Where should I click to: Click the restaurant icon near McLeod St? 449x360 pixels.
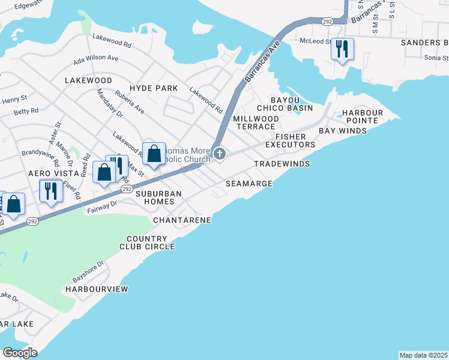pyautogui.click(x=342, y=49)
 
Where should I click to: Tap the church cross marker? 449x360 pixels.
pyautogui.click(x=220, y=155)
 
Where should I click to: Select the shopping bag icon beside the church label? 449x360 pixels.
pyautogui.click(x=154, y=154)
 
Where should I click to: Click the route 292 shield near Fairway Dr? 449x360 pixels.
pyautogui.click(x=126, y=188)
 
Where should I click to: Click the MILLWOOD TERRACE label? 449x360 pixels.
pyautogui.click(x=256, y=123)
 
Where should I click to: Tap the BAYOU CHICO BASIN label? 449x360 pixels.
pyautogui.click(x=285, y=104)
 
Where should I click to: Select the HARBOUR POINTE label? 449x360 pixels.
pyautogui.click(x=363, y=117)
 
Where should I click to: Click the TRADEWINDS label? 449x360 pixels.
pyautogui.click(x=282, y=164)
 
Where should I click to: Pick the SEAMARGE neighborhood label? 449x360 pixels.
pyautogui.click(x=249, y=183)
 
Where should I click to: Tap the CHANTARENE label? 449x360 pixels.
pyautogui.click(x=182, y=220)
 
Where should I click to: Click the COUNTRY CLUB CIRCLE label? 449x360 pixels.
pyautogui.click(x=147, y=242)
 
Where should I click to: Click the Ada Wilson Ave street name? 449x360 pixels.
pyautogui.click(x=96, y=58)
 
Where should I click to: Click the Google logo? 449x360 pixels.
pyautogui.click(x=20, y=352)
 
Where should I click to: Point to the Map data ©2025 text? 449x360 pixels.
pyautogui.click(x=423, y=355)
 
